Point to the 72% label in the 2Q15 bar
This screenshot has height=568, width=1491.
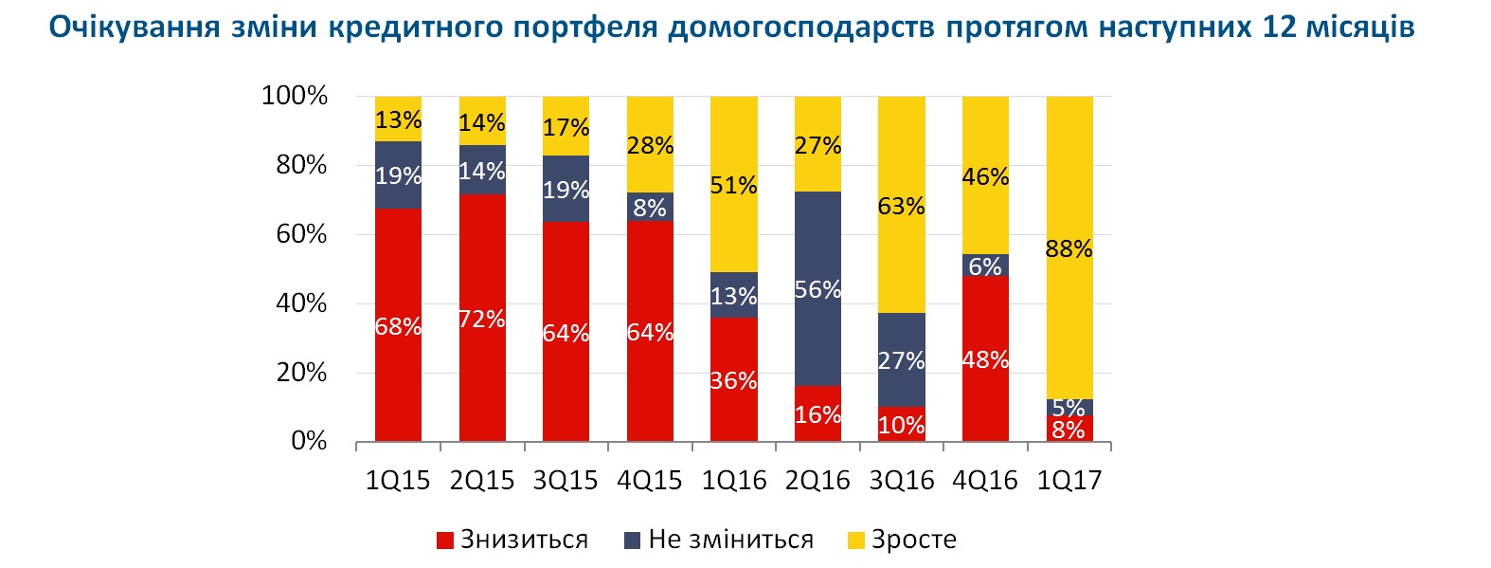pos(482,320)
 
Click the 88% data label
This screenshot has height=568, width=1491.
pos(1069,249)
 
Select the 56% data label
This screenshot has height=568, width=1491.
pos(817,290)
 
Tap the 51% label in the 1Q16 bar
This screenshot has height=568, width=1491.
pos(734,186)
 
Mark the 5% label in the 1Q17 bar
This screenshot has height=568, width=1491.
pos(1069,408)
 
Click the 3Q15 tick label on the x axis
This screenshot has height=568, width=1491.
pos(566,481)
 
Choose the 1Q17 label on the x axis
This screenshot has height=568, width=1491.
pos(1069,481)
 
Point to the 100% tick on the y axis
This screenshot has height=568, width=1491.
pos(295,96)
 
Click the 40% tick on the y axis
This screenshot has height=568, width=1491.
pos(301,303)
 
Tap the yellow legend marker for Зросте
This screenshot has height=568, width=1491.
pos(855,541)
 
